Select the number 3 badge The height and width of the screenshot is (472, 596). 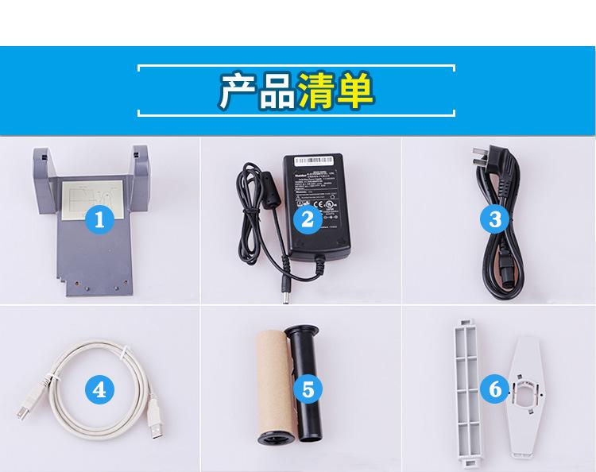click(x=495, y=219)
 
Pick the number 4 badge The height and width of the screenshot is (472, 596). click(x=99, y=389)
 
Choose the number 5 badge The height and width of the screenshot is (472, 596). click(x=308, y=389)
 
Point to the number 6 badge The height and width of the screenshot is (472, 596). click(x=495, y=389)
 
